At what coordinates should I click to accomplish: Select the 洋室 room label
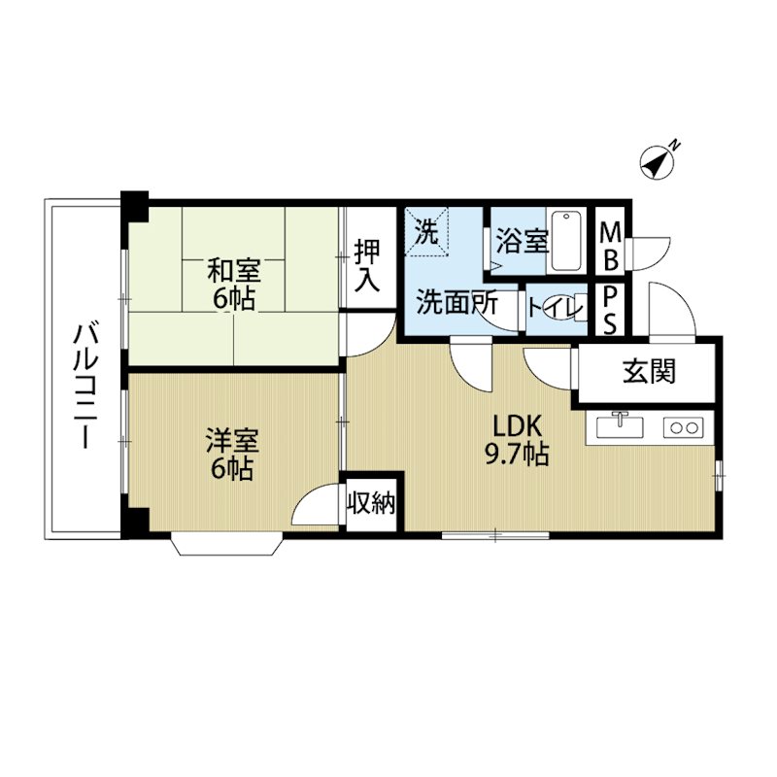(232, 441)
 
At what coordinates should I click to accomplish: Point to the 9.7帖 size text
(517, 454)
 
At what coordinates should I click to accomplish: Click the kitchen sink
(620, 426)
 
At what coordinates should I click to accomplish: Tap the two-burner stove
(684, 427)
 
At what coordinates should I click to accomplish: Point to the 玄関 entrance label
(649, 372)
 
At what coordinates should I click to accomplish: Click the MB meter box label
(610, 247)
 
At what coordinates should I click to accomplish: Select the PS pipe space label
(610, 310)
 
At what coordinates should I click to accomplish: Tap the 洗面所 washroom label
(456, 302)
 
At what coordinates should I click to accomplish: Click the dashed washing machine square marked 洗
(427, 231)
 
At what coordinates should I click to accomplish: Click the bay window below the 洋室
(227, 544)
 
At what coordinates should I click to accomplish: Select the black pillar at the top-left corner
(135, 206)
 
